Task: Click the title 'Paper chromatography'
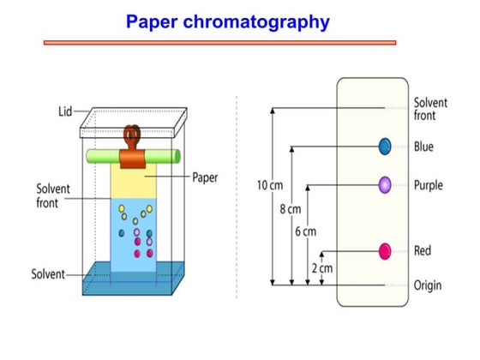[x=227, y=21]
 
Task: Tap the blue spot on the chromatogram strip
[x=385, y=147]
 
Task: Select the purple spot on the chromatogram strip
[x=385, y=183]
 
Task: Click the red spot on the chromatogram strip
[x=385, y=251]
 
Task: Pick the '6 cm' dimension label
[x=305, y=231]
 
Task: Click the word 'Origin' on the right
[x=428, y=285]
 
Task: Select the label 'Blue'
[x=423, y=147]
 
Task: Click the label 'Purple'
[x=428, y=184]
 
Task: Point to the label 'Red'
[x=423, y=251]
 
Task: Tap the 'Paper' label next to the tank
[x=204, y=178]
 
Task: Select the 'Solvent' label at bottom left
[x=49, y=274]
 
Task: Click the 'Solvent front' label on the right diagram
[x=429, y=109]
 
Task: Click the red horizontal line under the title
[x=219, y=41]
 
